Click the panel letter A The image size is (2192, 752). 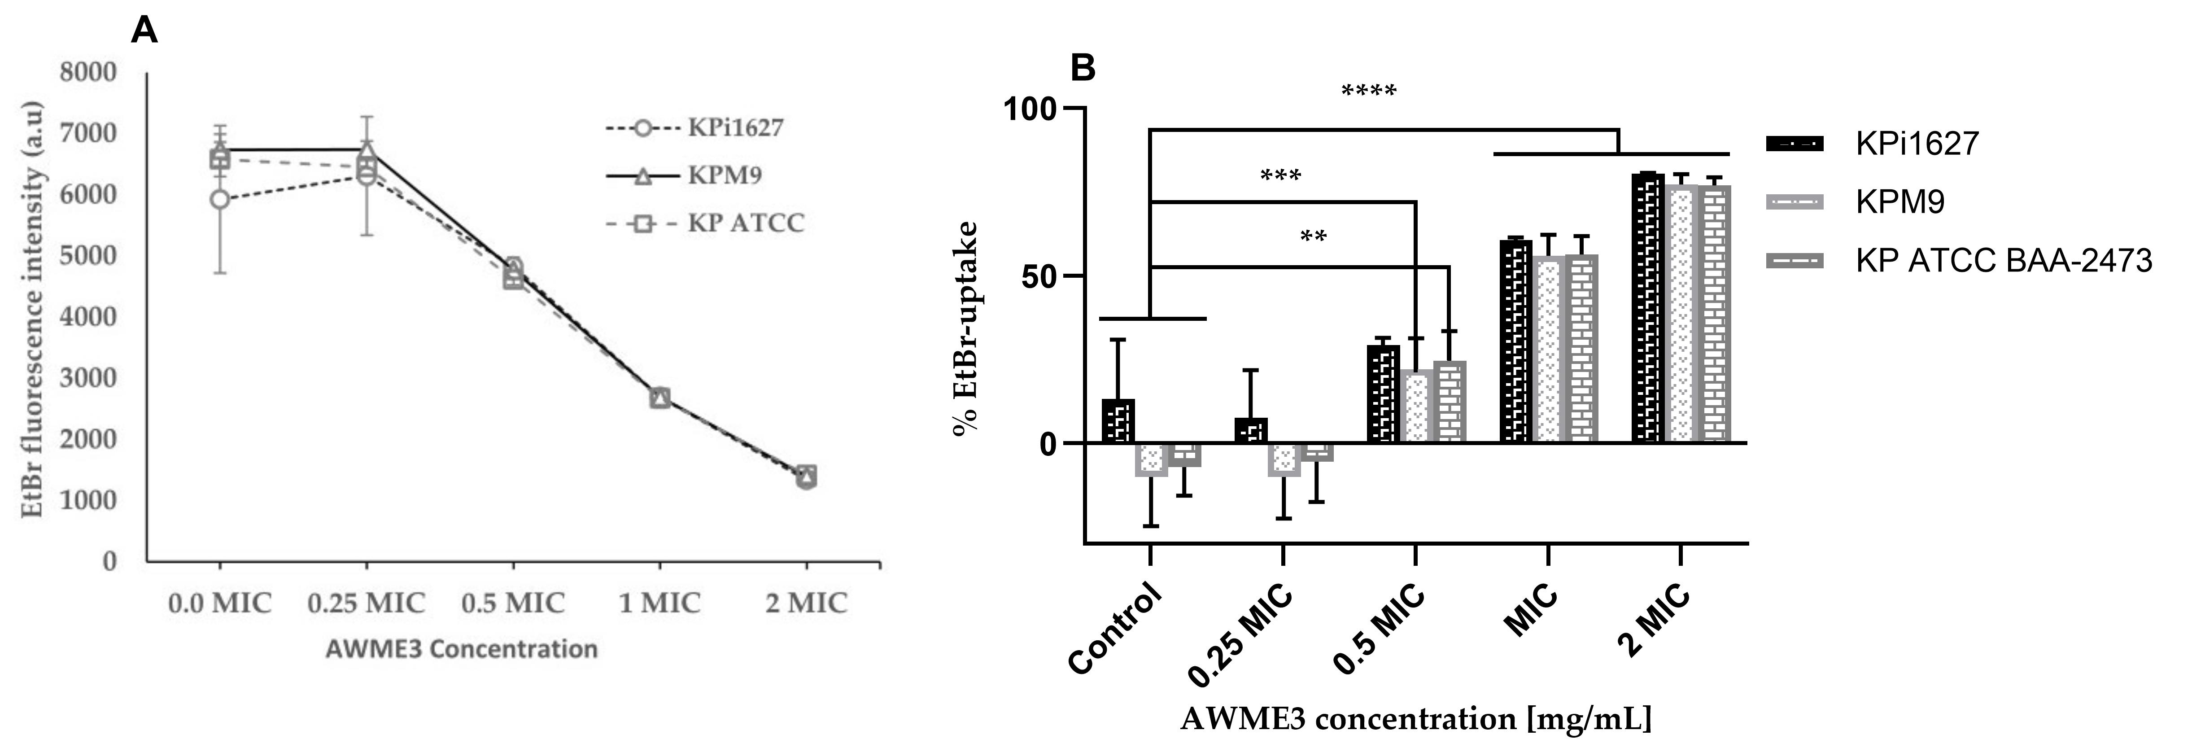(144, 31)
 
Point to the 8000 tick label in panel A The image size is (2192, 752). (87, 72)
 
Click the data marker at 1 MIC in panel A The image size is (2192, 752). (659, 397)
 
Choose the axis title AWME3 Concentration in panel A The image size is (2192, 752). (461, 649)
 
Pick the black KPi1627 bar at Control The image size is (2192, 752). (1117, 421)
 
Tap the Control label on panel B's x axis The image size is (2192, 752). (1115, 630)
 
